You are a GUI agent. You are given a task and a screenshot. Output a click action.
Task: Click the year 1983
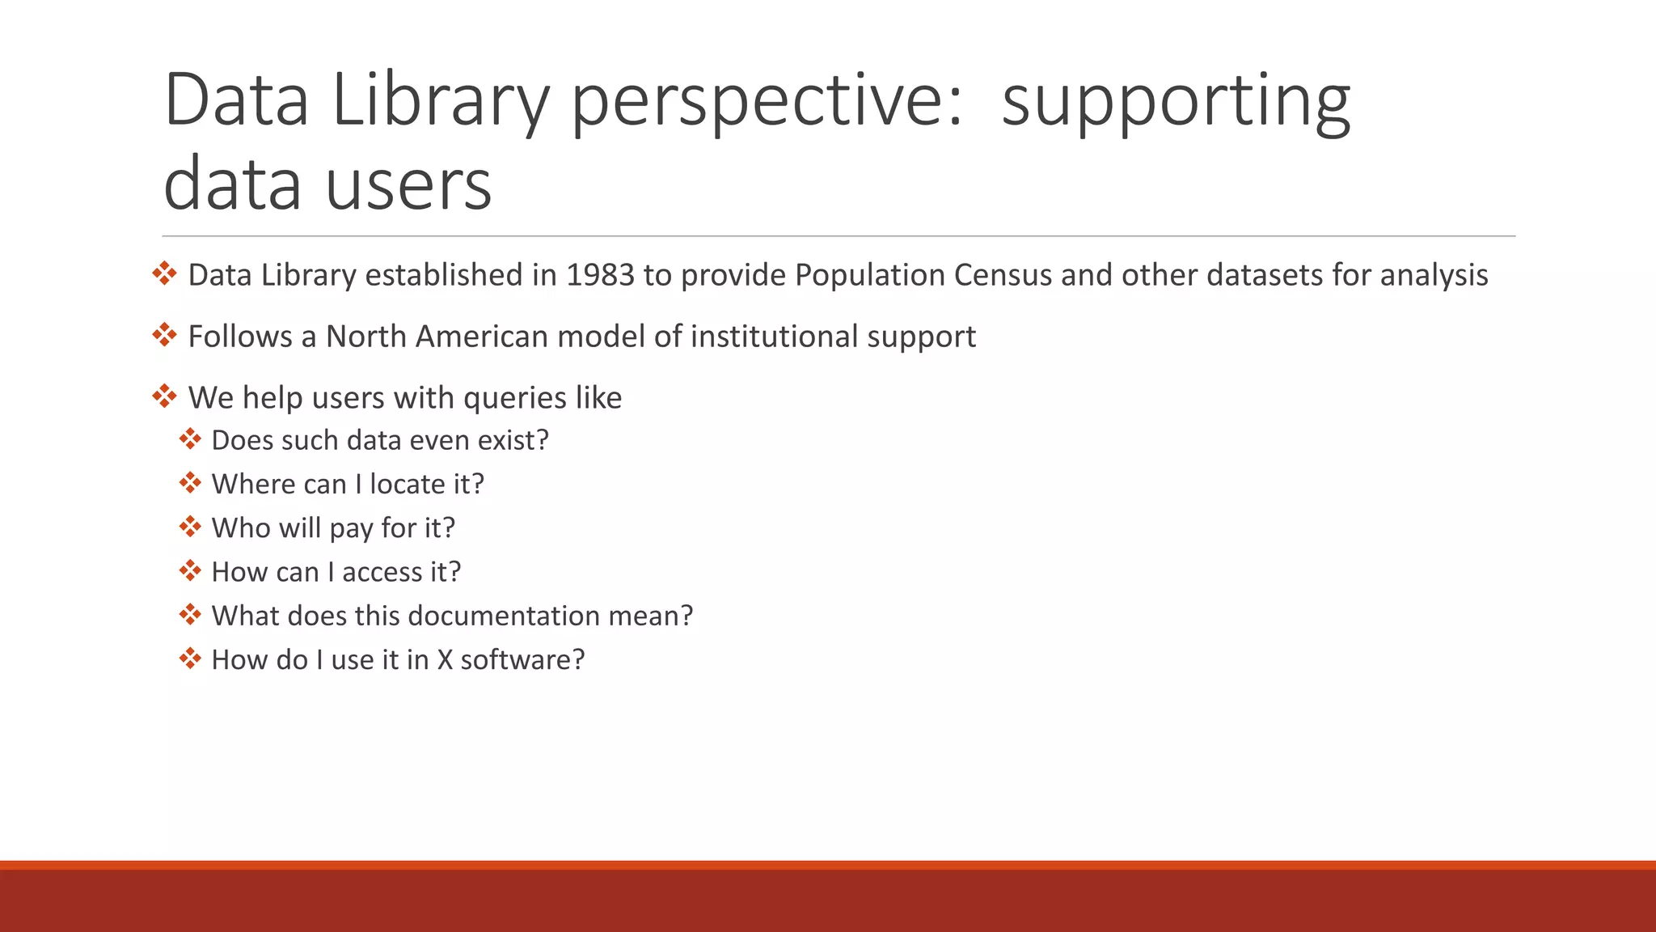click(600, 275)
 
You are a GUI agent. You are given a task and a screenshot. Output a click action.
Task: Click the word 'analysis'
click(1434, 275)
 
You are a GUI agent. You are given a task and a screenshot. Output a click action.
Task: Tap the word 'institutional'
click(774, 337)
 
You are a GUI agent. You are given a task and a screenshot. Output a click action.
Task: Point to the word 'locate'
click(407, 484)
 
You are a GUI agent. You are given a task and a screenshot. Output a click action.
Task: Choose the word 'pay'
click(351, 528)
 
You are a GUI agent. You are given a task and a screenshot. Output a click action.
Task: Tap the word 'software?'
click(522, 659)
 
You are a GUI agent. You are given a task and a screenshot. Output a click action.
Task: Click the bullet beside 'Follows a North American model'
click(164, 335)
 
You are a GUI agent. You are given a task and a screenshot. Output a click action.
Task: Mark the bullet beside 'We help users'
click(164, 396)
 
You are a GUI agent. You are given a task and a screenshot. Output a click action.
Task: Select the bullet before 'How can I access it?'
click(190, 570)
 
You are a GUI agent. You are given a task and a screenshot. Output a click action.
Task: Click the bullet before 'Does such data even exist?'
click(190, 438)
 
